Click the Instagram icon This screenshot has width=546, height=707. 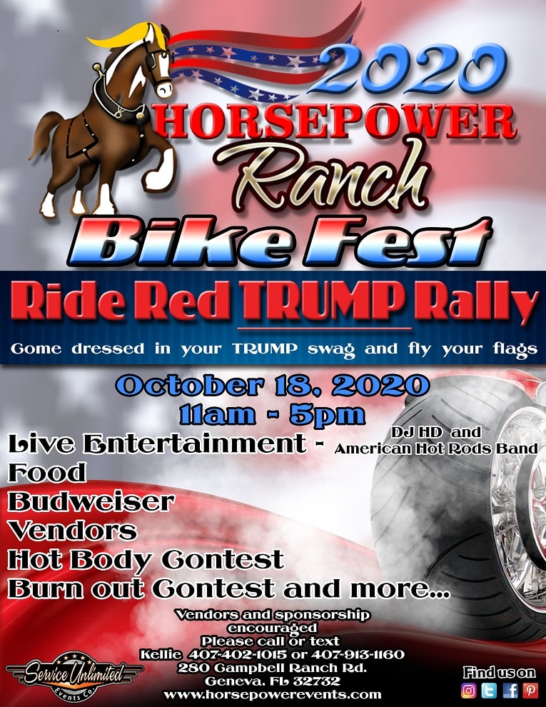[468, 690]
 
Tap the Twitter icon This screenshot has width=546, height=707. [489, 690]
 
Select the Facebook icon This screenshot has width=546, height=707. [510, 690]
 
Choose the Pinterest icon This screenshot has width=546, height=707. [530, 690]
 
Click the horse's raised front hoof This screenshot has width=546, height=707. [158, 175]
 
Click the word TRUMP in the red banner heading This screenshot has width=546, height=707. [325, 299]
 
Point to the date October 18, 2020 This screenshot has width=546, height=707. [272, 386]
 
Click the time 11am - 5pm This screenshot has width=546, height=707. [272, 415]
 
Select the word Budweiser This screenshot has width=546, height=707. [91, 501]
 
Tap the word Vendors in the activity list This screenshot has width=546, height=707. [73, 530]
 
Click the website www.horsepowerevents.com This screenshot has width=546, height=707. [272, 695]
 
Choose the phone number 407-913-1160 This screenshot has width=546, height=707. [358, 654]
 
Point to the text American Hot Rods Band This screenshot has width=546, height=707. [436, 448]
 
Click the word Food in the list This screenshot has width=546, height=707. [47, 473]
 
